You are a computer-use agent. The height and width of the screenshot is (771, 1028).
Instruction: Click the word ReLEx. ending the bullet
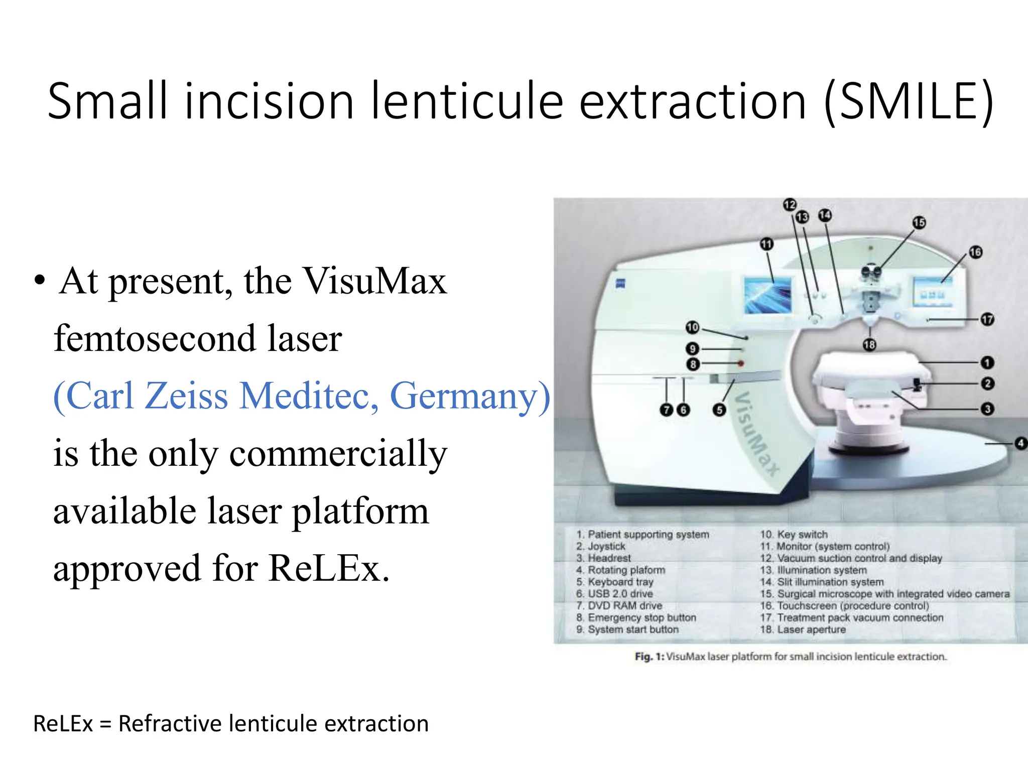[329, 569]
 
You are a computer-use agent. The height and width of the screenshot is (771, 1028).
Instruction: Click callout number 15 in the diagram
[919, 222]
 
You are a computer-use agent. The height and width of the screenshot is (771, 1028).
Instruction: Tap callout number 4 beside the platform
[1020, 443]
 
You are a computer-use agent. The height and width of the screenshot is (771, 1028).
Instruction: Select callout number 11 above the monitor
[766, 244]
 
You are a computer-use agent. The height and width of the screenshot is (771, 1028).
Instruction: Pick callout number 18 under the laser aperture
[869, 344]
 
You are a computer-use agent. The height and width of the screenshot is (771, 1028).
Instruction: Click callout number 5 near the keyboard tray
[719, 410]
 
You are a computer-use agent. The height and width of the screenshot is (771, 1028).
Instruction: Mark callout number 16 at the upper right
[975, 252]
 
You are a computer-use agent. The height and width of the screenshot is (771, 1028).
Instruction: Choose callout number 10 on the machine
[693, 327]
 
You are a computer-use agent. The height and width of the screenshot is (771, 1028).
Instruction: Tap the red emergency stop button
[740, 363]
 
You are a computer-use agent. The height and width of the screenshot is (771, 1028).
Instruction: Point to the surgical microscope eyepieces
[871, 272]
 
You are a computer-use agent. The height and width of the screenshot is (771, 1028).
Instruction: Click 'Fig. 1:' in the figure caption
[649, 657]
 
